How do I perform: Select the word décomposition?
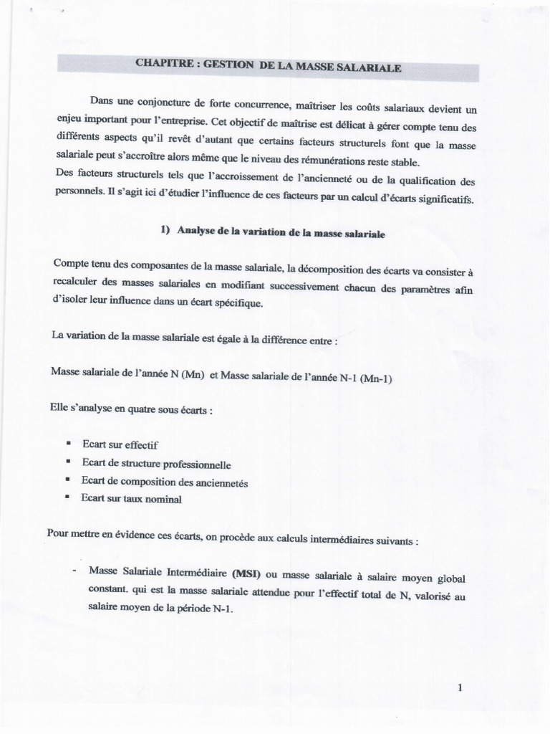319,268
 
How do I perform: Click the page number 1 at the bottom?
460,689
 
